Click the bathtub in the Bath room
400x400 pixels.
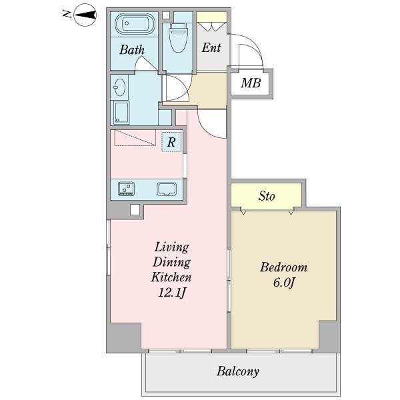click(x=135, y=24)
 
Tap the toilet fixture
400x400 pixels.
click(x=178, y=37)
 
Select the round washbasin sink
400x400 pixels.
click(x=119, y=87)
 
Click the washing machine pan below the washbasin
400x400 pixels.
click(x=121, y=113)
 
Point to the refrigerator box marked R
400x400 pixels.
click(x=171, y=142)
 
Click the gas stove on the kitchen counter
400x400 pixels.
click(x=126, y=189)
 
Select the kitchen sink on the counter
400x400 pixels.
click(x=167, y=189)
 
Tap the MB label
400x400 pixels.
click(x=251, y=83)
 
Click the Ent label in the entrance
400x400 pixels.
click(x=211, y=48)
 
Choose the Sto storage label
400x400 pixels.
click(x=267, y=196)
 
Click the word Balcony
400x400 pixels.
click(x=238, y=371)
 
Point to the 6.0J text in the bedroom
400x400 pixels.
click(x=284, y=283)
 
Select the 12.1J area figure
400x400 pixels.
click(x=172, y=293)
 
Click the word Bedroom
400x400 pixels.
click(x=284, y=267)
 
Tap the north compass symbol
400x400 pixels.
click(x=85, y=15)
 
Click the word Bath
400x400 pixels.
click(x=132, y=50)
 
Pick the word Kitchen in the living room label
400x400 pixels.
click(x=171, y=277)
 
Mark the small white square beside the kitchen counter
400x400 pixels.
click(x=135, y=209)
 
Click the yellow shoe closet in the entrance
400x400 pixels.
click(x=212, y=17)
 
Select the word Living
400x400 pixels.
click(x=172, y=248)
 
